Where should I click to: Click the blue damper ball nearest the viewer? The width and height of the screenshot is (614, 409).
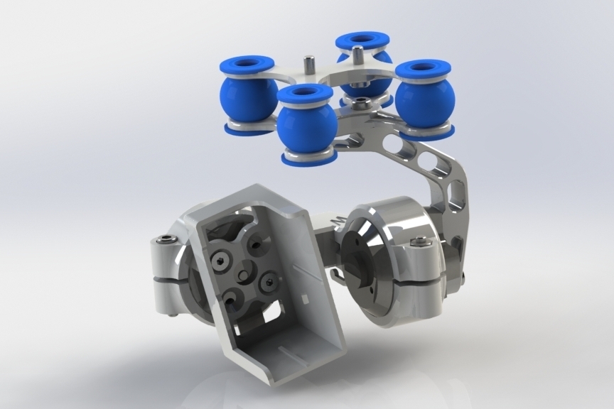click(307, 126)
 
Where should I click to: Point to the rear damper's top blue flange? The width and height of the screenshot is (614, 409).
click(362, 40)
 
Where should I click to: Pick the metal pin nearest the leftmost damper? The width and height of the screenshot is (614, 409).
click(309, 65)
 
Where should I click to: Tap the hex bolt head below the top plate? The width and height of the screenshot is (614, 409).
click(362, 104)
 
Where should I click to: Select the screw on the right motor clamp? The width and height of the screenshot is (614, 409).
click(423, 244)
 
